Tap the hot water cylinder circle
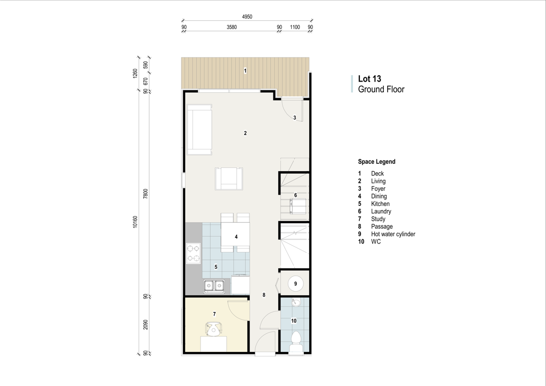click(x=295, y=284)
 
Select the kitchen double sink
click(x=214, y=286)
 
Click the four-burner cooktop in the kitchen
click(x=193, y=253)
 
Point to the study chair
click(x=213, y=329)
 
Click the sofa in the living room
click(x=199, y=130)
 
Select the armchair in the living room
click(x=229, y=179)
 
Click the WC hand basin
click(x=296, y=303)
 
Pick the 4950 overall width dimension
click(x=247, y=17)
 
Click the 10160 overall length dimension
click(x=135, y=222)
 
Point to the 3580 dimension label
click(x=231, y=27)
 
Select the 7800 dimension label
click(x=146, y=194)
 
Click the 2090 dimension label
click(x=146, y=325)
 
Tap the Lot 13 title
click(x=370, y=79)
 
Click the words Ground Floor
click(x=381, y=90)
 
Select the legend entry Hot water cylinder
click(x=393, y=234)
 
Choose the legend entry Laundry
click(x=381, y=211)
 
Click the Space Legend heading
click(x=376, y=162)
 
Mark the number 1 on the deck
click(x=245, y=71)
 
